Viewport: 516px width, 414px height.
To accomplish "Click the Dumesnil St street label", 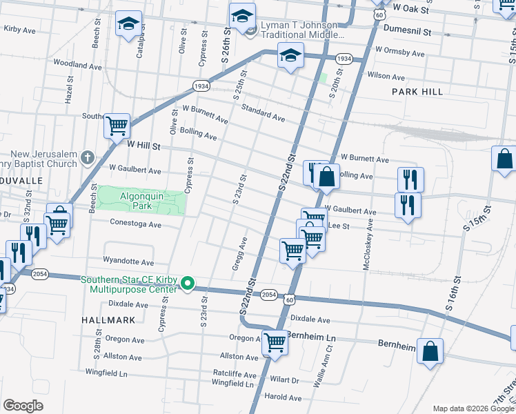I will coord(406,31).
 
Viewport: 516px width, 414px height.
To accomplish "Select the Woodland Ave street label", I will coord(77,65).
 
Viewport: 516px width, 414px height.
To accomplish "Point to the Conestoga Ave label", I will coord(135,224).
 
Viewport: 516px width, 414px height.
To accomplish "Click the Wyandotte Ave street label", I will coord(128,262).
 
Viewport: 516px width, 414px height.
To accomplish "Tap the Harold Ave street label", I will coord(284,397).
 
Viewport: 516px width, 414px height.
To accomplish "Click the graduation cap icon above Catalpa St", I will coord(128,24).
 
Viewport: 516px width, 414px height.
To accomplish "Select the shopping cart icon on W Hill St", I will coord(117,126).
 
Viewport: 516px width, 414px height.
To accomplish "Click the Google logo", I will coord(23,406).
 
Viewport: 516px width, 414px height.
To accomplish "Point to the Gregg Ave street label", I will coord(239,254).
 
